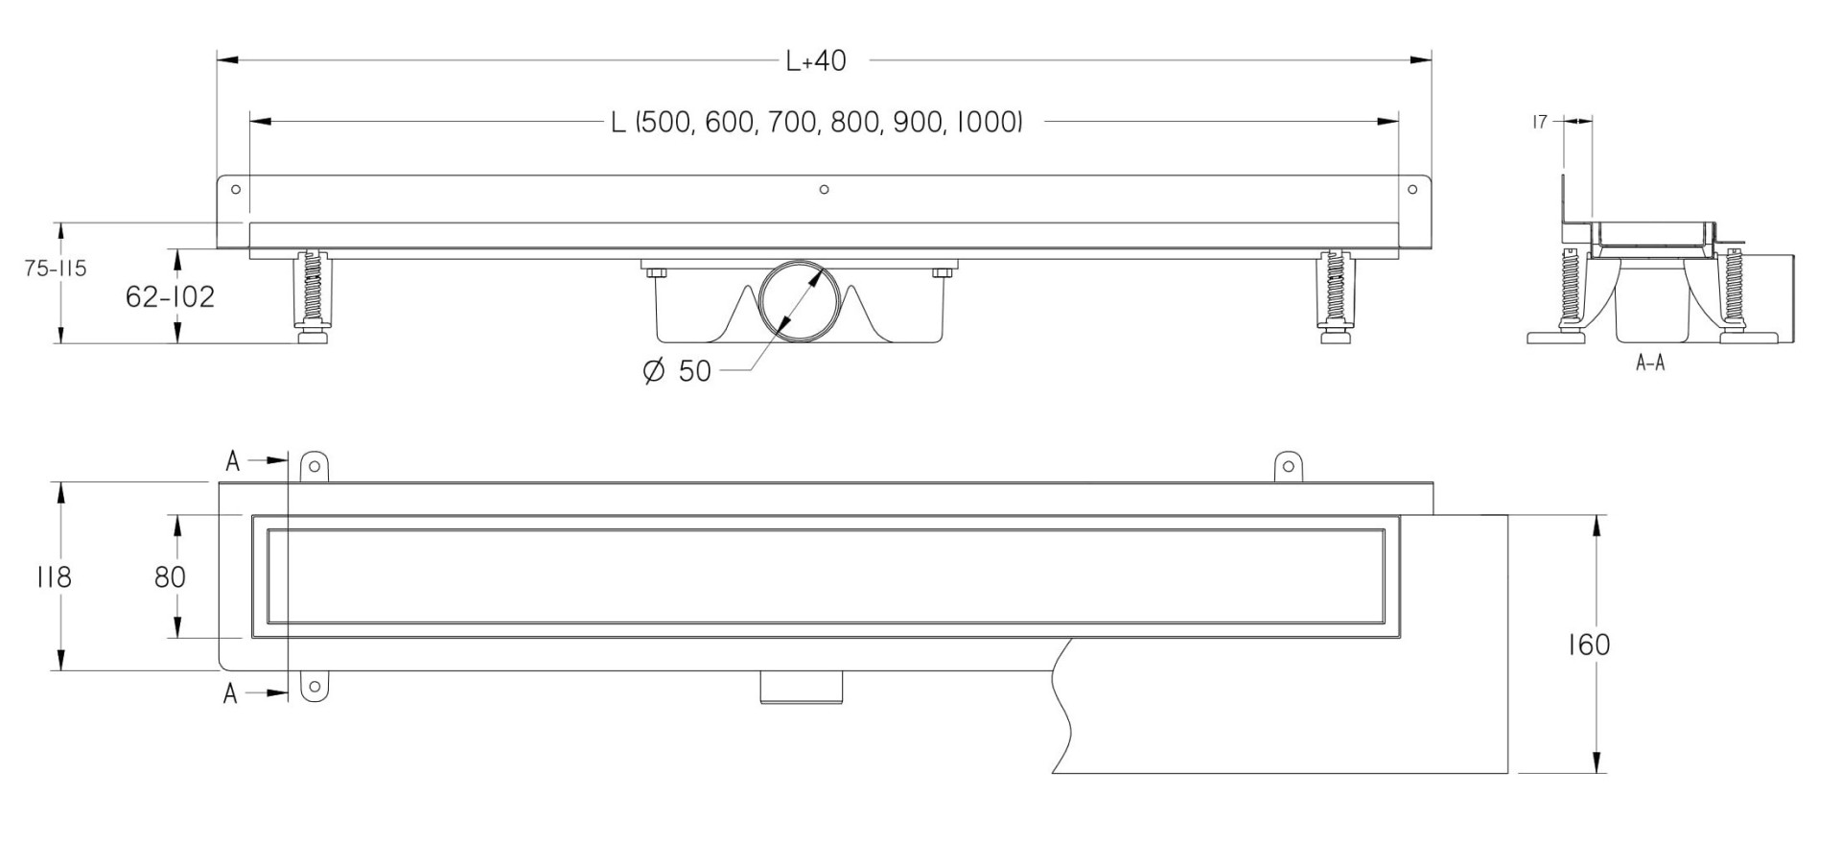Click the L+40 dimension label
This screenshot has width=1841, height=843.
pos(816,61)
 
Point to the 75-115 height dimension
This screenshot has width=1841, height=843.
pos(56,269)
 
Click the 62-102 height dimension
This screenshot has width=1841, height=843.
pos(171,296)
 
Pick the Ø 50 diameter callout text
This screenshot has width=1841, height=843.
pos(677,371)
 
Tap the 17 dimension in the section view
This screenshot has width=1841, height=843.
pos(1539,122)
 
